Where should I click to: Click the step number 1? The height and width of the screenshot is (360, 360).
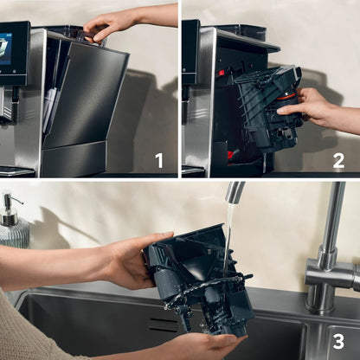point(159,160)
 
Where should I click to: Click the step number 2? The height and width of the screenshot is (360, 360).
point(338,160)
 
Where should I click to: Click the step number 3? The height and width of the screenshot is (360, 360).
point(338,341)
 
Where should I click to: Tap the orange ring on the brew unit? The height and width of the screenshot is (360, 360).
point(286,96)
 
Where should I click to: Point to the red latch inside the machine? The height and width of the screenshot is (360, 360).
point(222,72)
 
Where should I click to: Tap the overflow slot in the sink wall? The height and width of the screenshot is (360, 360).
point(164,325)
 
